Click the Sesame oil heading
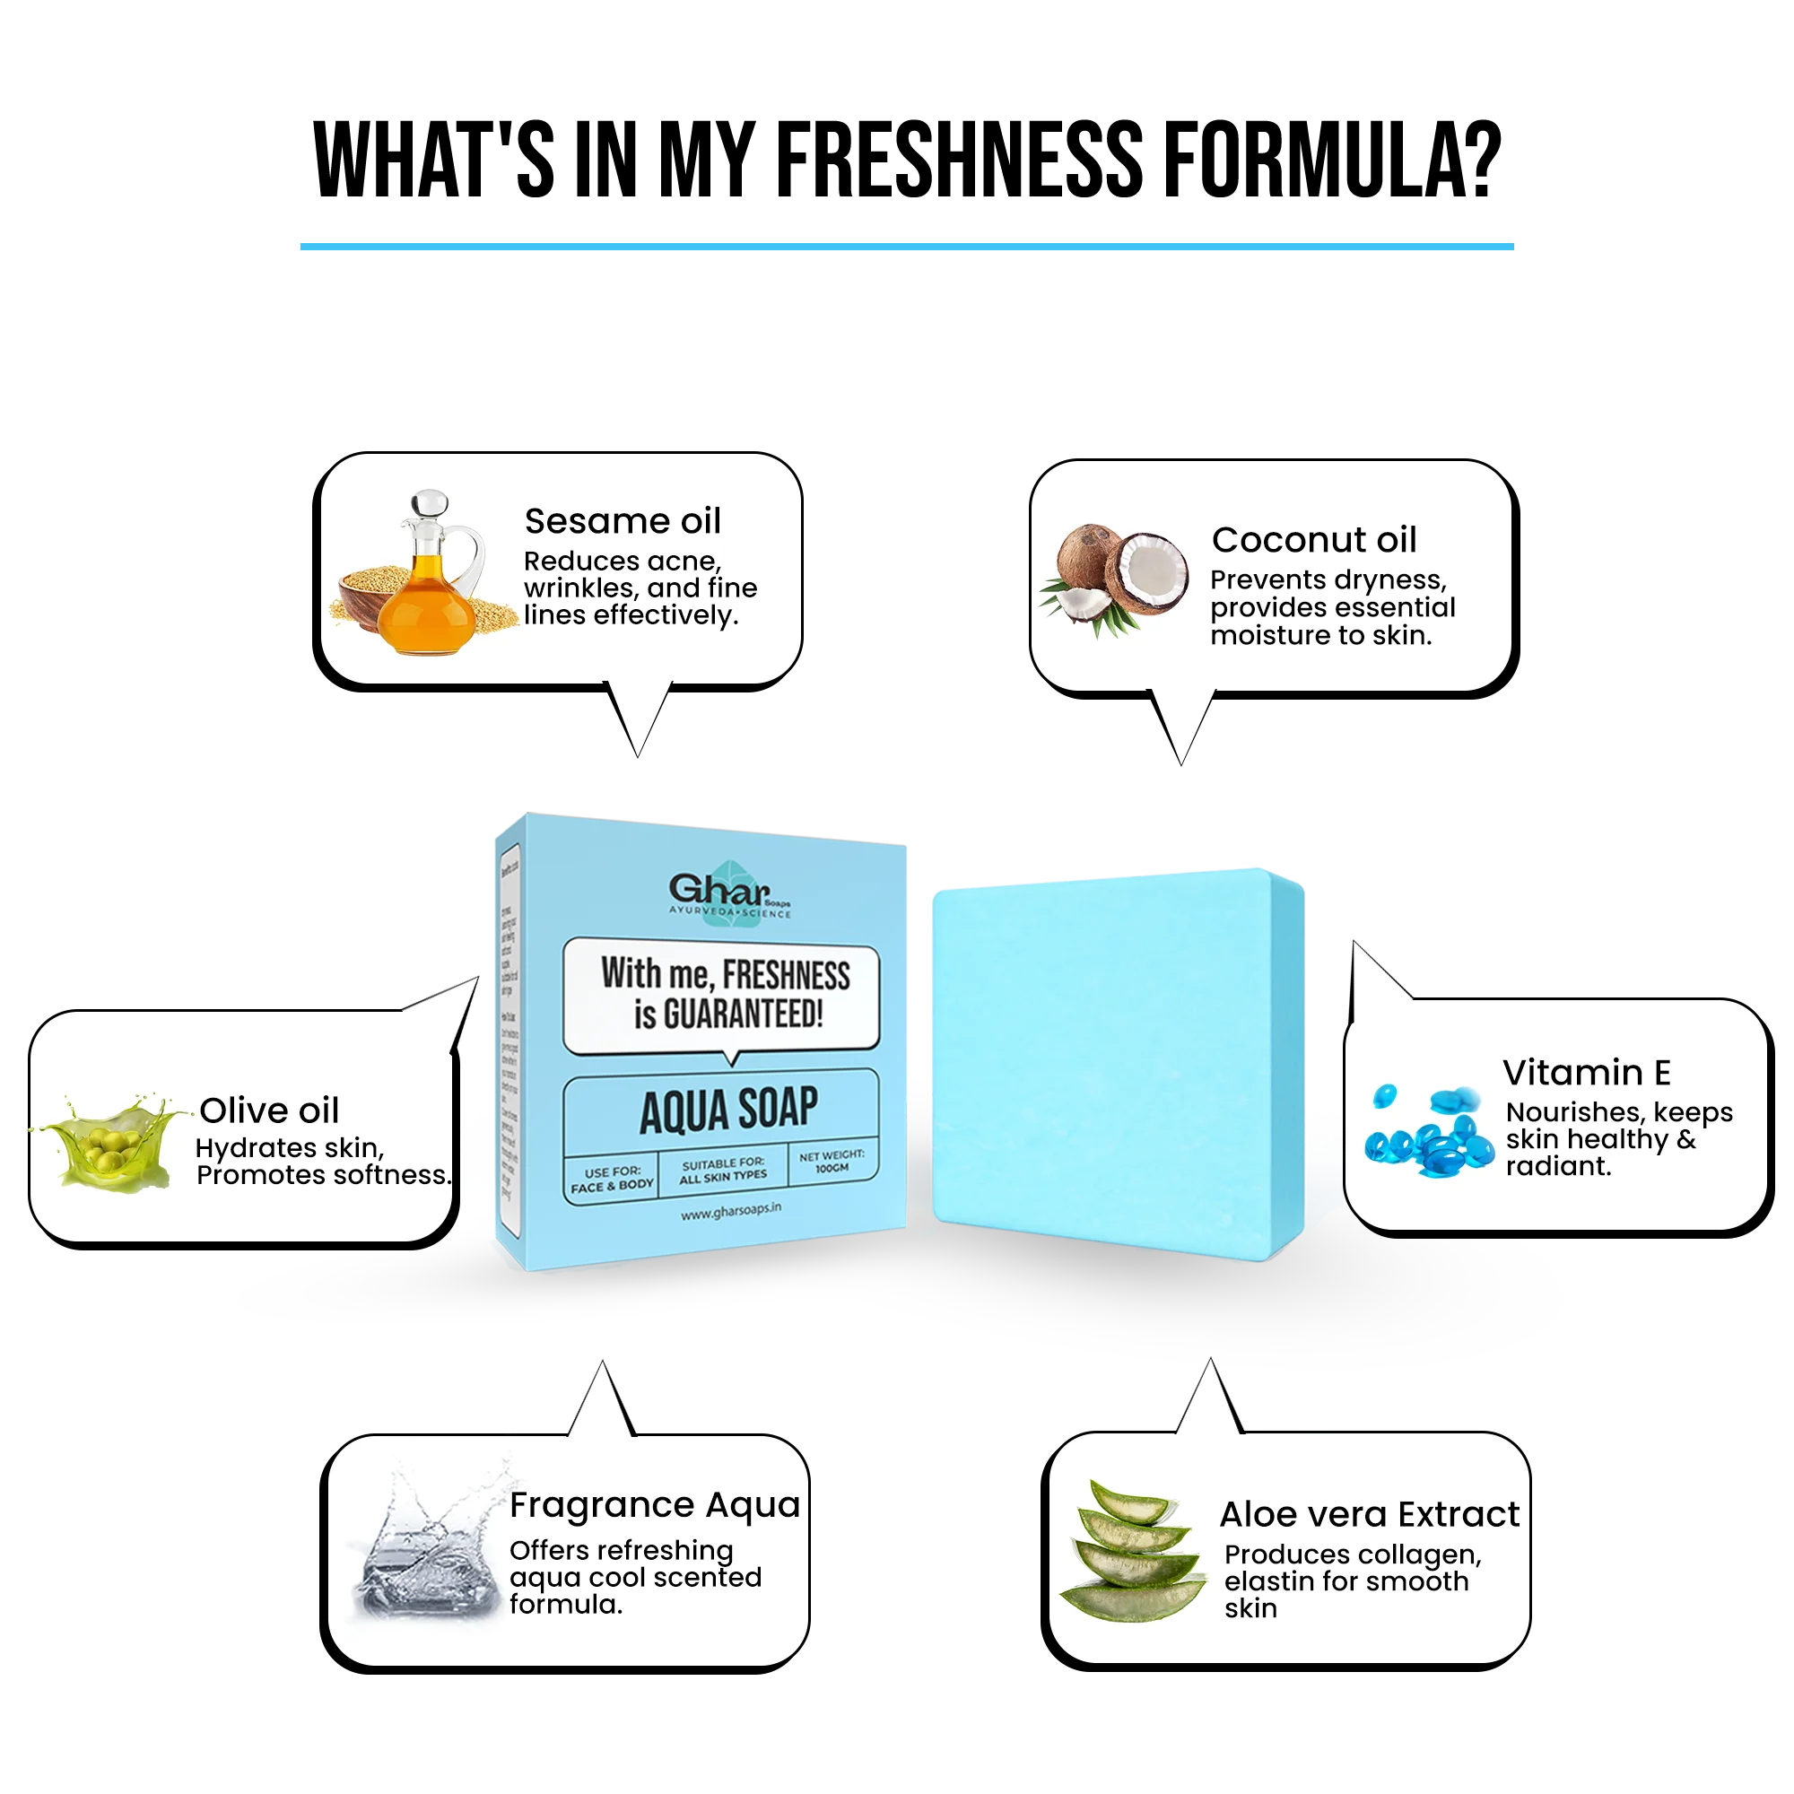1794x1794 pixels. [x=623, y=521]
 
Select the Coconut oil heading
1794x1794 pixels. [x=1314, y=539]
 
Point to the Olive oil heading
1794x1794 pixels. [x=269, y=1110]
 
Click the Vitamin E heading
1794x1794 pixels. [x=1586, y=1073]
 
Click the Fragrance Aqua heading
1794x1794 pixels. [x=655, y=1504]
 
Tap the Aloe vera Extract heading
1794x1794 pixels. [x=1369, y=1514]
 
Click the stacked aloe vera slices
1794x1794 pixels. [x=1133, y=1551]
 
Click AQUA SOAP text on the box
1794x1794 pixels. [x=729, y=1110]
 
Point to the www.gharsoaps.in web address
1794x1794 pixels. [x=731, y=1212]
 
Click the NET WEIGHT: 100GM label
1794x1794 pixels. [x=832, y=1162]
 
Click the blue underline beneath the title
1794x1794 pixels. [x=903, y=244]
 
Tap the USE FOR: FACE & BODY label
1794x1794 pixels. [x=612, y=1180]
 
